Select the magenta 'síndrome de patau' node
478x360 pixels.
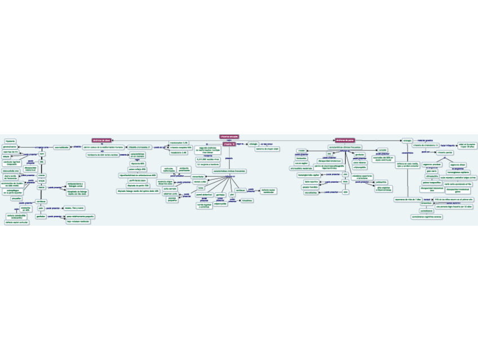click(344, 140)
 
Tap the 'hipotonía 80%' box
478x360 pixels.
click(138, 164)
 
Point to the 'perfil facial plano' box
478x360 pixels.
click(138, 180)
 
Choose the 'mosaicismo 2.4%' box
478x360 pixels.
click(178, 152)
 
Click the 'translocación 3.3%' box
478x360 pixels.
click(179, 143)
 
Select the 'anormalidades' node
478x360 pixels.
click(62, 147)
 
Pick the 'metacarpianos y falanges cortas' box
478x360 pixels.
click(77, 185)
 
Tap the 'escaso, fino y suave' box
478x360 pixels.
click(74, 208)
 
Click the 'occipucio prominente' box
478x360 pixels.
click(184, 169)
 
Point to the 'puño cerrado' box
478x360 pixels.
click(170, 188)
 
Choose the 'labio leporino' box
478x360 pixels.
click(311, 182)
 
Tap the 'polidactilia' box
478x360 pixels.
click(382, 182)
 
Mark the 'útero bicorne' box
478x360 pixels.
click(359, 163)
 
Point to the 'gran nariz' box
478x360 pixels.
click(432, 171)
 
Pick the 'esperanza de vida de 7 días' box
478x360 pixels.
click(408, 199)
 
